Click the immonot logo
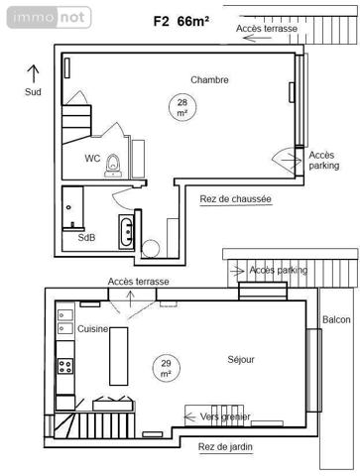(x=47, y=17)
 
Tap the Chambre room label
(x=209, y=80)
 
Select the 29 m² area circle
(x=166, y=369)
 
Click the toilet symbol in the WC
(x=114, y=162)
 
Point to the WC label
(x=92, y=158)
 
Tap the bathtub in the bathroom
(x=127, y=233)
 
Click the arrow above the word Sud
(x=33, y=72)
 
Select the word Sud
(x=34, y=91)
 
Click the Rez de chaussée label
(x=235, y=198)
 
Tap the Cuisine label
(x=93, y=329)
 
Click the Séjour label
(x=241, y=360)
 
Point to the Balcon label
(x=336, y=319)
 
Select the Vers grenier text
(x=225, y=416)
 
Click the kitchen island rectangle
(x=120, y=354)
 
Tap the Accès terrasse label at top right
(x=269, y=29)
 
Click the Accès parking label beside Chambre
(x=322, y=160)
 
